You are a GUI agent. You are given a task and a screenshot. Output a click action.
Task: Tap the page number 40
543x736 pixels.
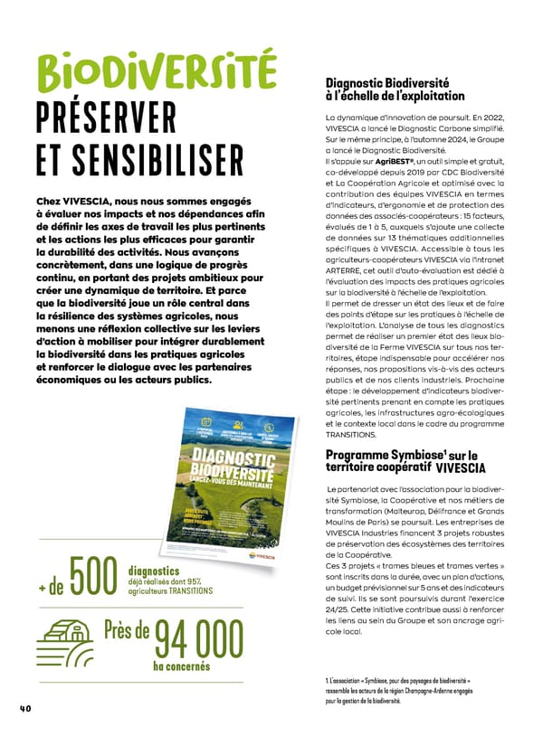(x=25, y=708)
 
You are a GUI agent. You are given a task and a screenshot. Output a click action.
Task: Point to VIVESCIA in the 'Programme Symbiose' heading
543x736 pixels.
(x=461, y=467)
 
